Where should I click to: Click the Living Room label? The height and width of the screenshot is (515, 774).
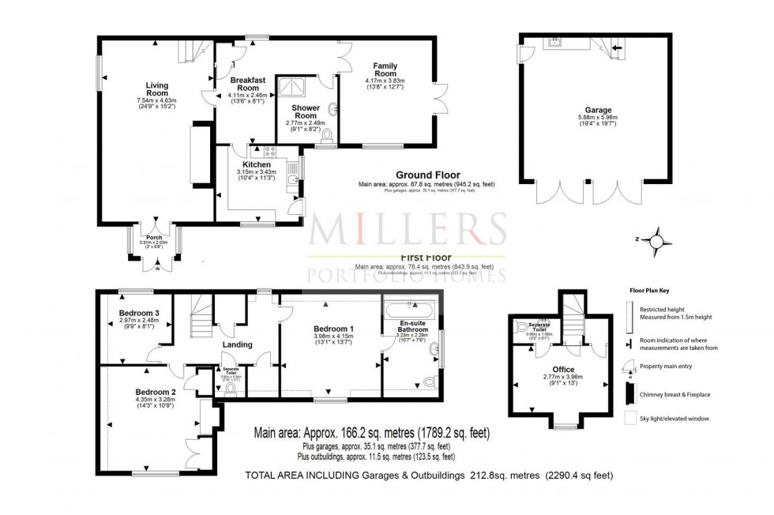pyautogui.click(x=157, y=89)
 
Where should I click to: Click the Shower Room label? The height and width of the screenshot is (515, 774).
pyautogui.click(x=305, y=111)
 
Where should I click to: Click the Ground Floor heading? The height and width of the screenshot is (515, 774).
pyautogui.click(x=427, y=175)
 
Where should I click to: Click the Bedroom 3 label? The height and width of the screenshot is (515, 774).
pyautogui.click(x=140, y=314)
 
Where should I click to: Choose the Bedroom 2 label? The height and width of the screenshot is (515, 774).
pyautogui.click(x=154, y=393)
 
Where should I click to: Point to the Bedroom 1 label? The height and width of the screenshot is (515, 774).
pyautogui.click(x=329, y=329)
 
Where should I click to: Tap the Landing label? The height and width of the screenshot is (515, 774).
pyautogui.click(x=237, y=344)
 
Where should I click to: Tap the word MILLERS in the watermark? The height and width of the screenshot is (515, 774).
pyautogui.click(x=407, y=229)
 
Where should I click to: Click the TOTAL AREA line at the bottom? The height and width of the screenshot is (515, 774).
pyautogui.click(x=429, y=475)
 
